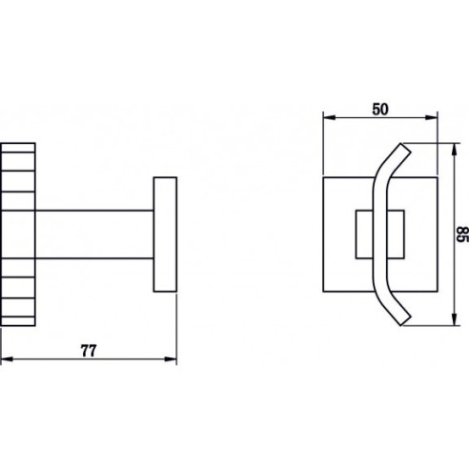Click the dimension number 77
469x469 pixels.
pos(88,351)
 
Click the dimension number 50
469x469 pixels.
pos(380,110)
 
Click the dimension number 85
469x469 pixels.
pos(462,234)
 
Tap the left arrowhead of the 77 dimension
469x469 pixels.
pos(7,359)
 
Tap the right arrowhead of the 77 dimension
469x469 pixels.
pos(171,359)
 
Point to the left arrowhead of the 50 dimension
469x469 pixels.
pos(329,117)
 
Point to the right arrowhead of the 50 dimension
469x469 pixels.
pos(432,117)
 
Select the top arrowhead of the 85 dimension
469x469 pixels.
pos(455,149)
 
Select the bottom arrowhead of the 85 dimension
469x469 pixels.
pos(455,319)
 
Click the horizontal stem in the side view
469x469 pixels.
pos(94,234)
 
